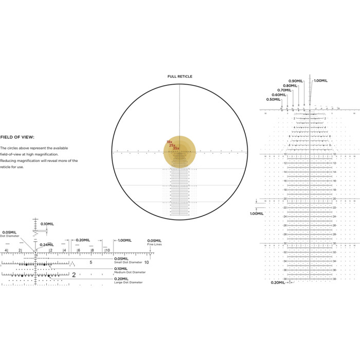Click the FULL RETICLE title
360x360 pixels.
[179, 77]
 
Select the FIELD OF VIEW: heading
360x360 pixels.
[17, 137]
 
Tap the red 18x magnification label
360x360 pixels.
[169, 142]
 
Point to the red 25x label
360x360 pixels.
[172, 145]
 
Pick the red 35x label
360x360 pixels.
[176, 148]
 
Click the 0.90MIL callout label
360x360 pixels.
[296, 81]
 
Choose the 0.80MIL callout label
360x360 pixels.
[290, 85]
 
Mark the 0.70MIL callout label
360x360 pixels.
[284, 90]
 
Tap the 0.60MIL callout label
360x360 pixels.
[279, 95]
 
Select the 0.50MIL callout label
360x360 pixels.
[274, 99]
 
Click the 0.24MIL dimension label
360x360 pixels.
[47, 244]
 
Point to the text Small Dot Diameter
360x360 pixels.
[125, 262]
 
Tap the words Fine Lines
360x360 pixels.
[154, 245]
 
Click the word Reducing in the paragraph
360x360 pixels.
[9, 160]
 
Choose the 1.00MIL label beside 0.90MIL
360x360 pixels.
[320, 81]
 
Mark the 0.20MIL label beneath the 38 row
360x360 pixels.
[278, 282]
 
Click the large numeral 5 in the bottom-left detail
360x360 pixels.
[91, 262]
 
